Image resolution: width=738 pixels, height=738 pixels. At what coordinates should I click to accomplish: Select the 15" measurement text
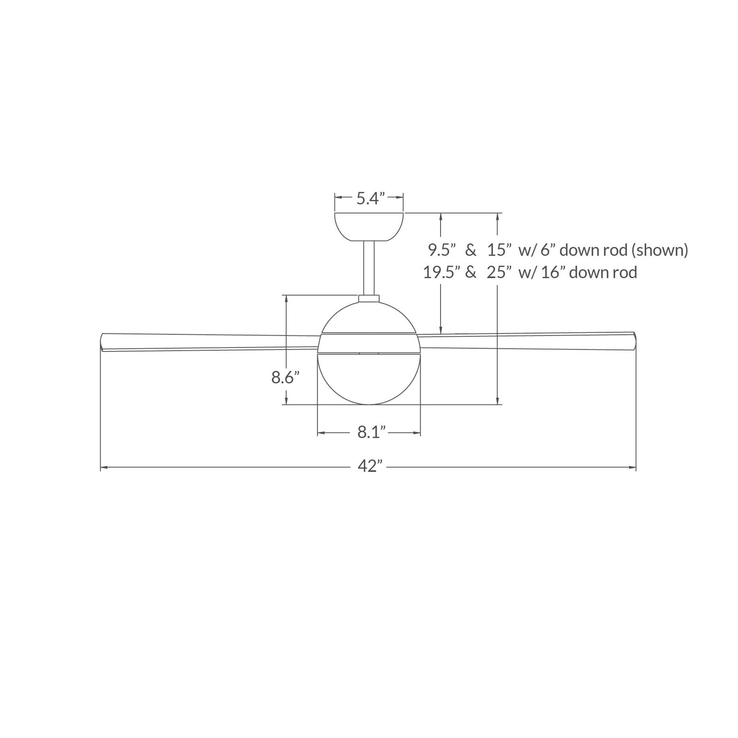[x=499, y=250]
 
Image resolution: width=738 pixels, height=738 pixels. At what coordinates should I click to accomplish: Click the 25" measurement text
[x=500, y=272]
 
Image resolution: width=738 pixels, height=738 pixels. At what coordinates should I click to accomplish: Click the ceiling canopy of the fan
[x=369, y=226]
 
